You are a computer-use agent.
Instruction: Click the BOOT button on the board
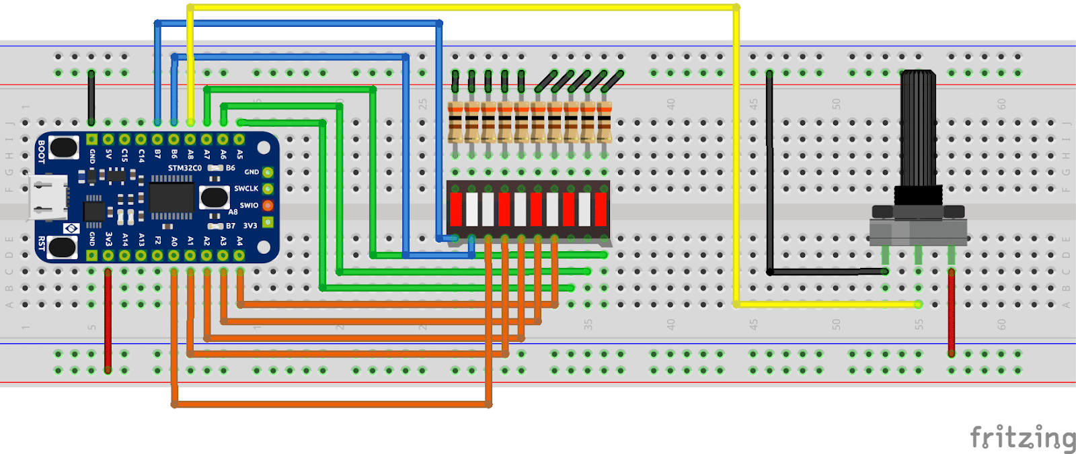pos(63,147)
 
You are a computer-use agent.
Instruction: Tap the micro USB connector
pos(47,197)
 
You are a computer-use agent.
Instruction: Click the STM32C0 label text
pos(184,168)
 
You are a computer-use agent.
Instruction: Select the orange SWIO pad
pos(268,206)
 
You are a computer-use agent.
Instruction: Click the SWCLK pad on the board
pos(268,189)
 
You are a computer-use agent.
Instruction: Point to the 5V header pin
pos(108,140)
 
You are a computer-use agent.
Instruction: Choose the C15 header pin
pos(124,140)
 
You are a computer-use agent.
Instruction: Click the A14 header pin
pos(124,255)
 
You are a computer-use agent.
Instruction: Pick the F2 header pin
pos(157,255)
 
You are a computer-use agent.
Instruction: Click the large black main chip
pos(171,197)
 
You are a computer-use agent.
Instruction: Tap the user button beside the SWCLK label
pos(215,197)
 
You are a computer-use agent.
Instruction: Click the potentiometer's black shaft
pos(918,128)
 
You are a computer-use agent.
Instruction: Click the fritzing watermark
pos(1022,438)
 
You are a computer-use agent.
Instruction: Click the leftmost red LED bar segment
pos(456,209)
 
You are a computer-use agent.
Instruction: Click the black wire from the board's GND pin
pos(91,97)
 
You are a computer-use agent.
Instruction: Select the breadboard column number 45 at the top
pos(753,104)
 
